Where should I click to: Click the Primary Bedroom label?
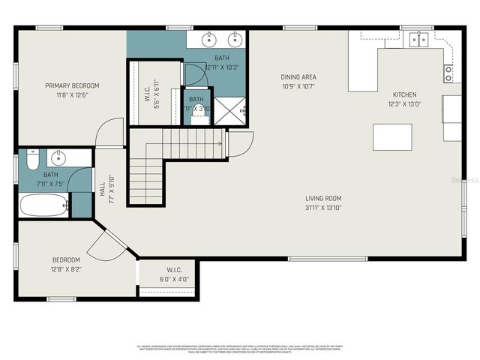72,85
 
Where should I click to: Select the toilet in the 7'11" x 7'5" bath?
31,160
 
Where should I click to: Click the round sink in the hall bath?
58,158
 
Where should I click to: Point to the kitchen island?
393,137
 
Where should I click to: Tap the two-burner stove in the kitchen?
448,73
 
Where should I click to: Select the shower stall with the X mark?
230,110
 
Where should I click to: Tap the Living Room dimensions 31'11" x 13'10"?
323,207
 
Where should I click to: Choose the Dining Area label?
298,76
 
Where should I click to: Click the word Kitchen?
405,95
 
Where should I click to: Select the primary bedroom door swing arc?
109,129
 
